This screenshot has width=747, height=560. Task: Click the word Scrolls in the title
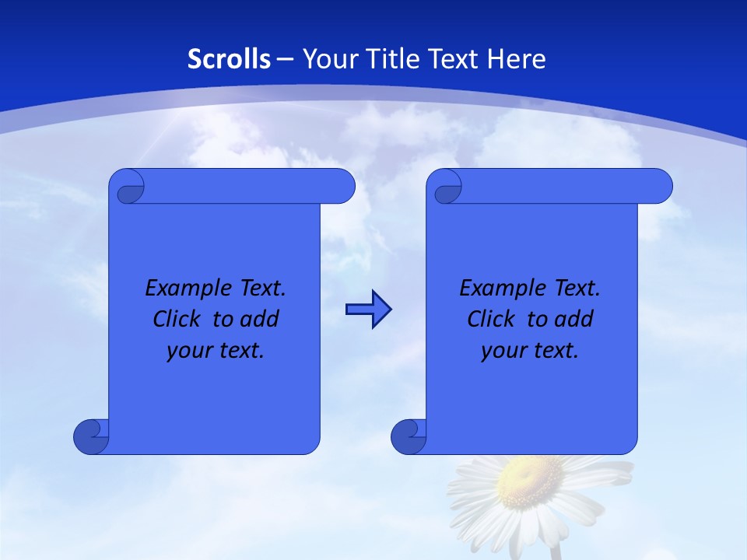click(230, 59)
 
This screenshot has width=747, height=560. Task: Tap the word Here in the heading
click(517, 59)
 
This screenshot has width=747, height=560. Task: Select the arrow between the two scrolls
click(368, 310)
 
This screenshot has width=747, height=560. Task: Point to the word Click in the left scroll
click(181, 319)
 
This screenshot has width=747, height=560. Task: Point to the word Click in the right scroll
click(495, 319)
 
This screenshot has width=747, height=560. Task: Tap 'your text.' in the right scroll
click(530, 350)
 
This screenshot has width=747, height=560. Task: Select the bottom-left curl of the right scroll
click(408, 437)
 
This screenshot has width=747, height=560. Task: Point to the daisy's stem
click(556, 551)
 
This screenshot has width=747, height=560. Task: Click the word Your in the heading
click(325, 59)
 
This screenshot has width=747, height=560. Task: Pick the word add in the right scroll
click(576, 319)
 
